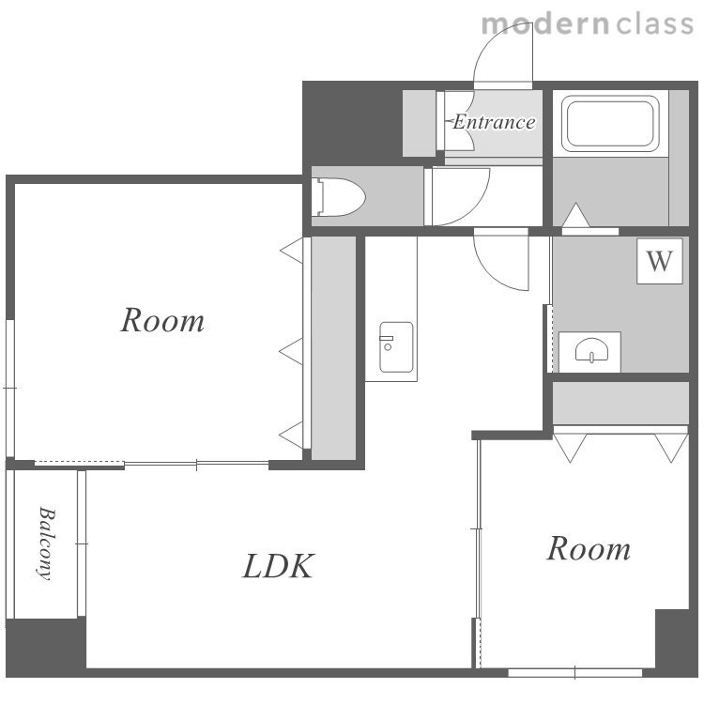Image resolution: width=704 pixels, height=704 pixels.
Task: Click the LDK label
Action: (x=279, y=566)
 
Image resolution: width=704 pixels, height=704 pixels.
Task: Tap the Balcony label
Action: (x=46, y=543)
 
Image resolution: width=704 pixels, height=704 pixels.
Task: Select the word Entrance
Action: (x=494, y=122)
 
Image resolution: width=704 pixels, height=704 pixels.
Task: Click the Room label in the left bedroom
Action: (x=162, y=320)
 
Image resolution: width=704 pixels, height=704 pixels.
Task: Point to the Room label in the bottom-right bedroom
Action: (x=589, y=548)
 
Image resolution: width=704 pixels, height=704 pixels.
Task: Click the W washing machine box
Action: (x=660, y=261)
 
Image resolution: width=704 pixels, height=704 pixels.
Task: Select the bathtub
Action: (x=610, y=123)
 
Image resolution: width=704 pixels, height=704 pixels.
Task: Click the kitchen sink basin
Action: (x=396, y=347)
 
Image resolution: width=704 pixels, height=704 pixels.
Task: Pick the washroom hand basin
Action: (x=591, y=350)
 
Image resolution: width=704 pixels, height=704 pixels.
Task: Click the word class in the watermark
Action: (x=654, y=24)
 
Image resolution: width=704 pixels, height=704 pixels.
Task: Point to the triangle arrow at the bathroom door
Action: (x=575, y=215)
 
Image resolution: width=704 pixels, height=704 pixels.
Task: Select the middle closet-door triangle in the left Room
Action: (x=291, y=351)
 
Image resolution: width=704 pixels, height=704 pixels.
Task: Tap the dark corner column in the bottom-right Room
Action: (x=673, y=638)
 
